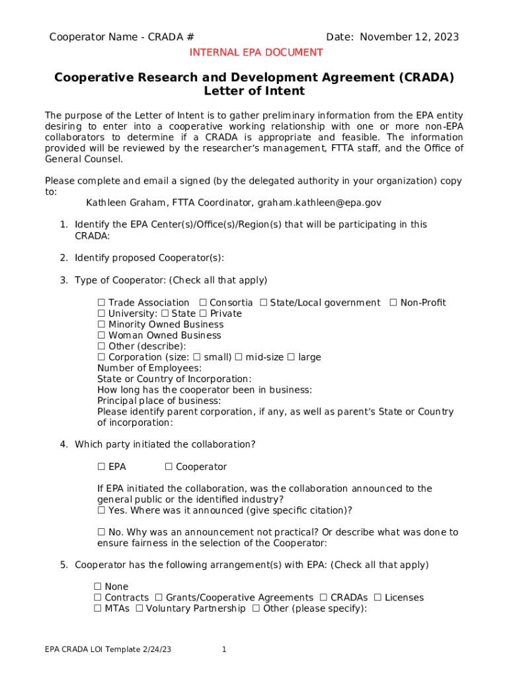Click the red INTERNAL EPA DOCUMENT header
pos(256,52)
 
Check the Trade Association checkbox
pos(102,303)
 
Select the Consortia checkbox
pos(203,303)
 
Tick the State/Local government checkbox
pos(263,303)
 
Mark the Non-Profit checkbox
pos(393,303)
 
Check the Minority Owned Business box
pos(102,325)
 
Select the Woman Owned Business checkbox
pos(102,336)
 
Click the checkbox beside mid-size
pos(239,358)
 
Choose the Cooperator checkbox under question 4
pos(169,467)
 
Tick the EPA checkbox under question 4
pos(102,467)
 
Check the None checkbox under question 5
pos(98,587)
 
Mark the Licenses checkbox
pos(377,598)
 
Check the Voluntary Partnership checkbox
pos(139,609)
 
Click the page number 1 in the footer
pos(224,650)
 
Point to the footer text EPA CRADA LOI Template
pos(108,650)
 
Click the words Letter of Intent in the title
pos(255,91)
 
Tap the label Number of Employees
pos(149,368)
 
